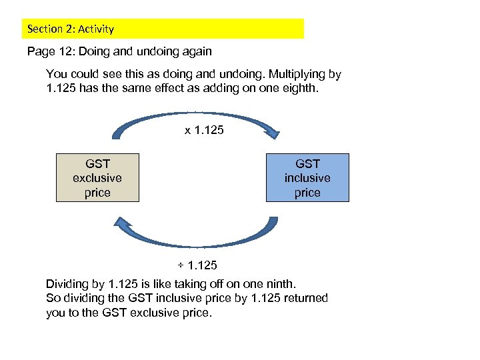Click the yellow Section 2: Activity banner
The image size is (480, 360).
pyautogui.click(x=163, y=29)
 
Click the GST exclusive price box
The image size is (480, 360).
pyautogui.click(x=97, y=178)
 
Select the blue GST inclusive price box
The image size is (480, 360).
pyautogui.click(x=307, y=178)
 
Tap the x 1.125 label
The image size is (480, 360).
pyautogui.click(x=204, y=131)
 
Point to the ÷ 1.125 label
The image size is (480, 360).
pyautogui.click(x=198, y=265)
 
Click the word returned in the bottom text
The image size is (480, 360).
pyautogui.click(x=306, y=298)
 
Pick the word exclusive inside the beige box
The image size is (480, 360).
pyautogui.click(x=97, y=178)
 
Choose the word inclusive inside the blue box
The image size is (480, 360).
pyautogui.click(x=307, y=178)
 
